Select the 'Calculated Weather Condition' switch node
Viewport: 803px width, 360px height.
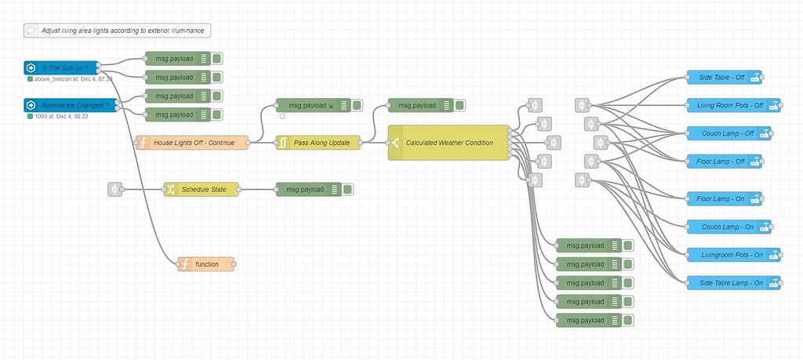(449, 143)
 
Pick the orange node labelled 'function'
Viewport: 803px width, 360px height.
(207, 264)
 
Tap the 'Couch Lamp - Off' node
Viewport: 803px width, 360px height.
(728, 133)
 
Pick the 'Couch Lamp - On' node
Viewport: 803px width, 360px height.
(728, 227)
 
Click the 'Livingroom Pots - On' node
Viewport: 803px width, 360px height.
(732, 255)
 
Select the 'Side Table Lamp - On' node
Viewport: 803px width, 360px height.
(732, 282)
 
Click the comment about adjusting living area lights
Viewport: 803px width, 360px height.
(118, 31)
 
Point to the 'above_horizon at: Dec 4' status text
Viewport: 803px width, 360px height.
(72, 79)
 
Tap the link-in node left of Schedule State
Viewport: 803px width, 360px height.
(115, 189)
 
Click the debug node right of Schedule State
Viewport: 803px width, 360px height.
(313, 189)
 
